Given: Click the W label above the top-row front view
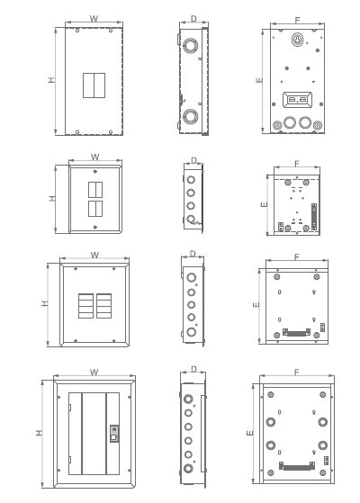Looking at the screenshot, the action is coord(94,18).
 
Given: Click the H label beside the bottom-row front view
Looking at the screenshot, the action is coord(39,433).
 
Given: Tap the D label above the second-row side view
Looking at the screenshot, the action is coord(193,160).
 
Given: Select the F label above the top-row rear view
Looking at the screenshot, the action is coord(297,20).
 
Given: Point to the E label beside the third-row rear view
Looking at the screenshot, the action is coord(256,304).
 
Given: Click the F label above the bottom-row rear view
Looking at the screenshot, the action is coord(297,372).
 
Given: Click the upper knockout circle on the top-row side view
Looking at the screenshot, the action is coord(190,46).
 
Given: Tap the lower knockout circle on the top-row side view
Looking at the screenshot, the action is coord(190,116).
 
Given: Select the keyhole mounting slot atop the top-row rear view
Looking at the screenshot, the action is coord(297,40).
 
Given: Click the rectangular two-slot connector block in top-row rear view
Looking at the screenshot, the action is coord(297,100).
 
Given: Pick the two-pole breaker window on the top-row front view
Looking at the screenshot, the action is coord(94,85).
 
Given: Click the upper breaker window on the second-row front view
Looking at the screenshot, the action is coord(95,190).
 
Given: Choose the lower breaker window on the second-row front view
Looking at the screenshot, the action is coord(95,209).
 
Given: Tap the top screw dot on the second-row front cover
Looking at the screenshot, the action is coord(95,171).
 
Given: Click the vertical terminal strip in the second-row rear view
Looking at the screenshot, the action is coord(314,217).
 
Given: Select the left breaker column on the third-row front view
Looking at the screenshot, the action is coord(86,306).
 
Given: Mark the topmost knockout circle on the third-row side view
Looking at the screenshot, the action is coord(191,277).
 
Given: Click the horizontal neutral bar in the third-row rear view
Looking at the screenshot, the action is coord(296,332).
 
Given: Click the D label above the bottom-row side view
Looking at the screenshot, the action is coord(193,369).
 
